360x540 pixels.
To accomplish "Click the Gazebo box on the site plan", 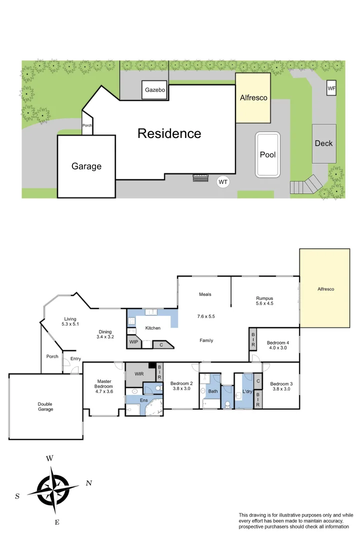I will tap(155, 90).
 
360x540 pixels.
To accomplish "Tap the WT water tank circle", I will tap(223, 182).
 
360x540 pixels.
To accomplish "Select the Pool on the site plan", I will tap(267, 154).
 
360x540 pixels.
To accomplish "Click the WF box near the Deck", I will tap(331, 88).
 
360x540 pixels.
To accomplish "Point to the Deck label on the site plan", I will tap(323, 143).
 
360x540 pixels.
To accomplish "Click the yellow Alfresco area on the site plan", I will tap(253, 98).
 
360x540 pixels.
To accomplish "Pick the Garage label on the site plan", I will tap(86, 166).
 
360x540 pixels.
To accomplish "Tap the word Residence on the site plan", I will tap(169, 133).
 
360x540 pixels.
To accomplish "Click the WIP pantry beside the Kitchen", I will tap(134, 342).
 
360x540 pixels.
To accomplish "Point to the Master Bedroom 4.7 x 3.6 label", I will tap(104, 386).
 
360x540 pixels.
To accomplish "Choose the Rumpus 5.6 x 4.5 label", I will tap(264, 301).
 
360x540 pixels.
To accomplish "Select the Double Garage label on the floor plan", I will tap(45, 406).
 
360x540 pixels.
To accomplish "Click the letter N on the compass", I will tap(89, 483).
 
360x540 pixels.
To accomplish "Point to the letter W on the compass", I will tap(49, 458).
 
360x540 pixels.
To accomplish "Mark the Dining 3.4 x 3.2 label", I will tap(105, 334).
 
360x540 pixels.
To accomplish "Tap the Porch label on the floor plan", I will tap(52, 357).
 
